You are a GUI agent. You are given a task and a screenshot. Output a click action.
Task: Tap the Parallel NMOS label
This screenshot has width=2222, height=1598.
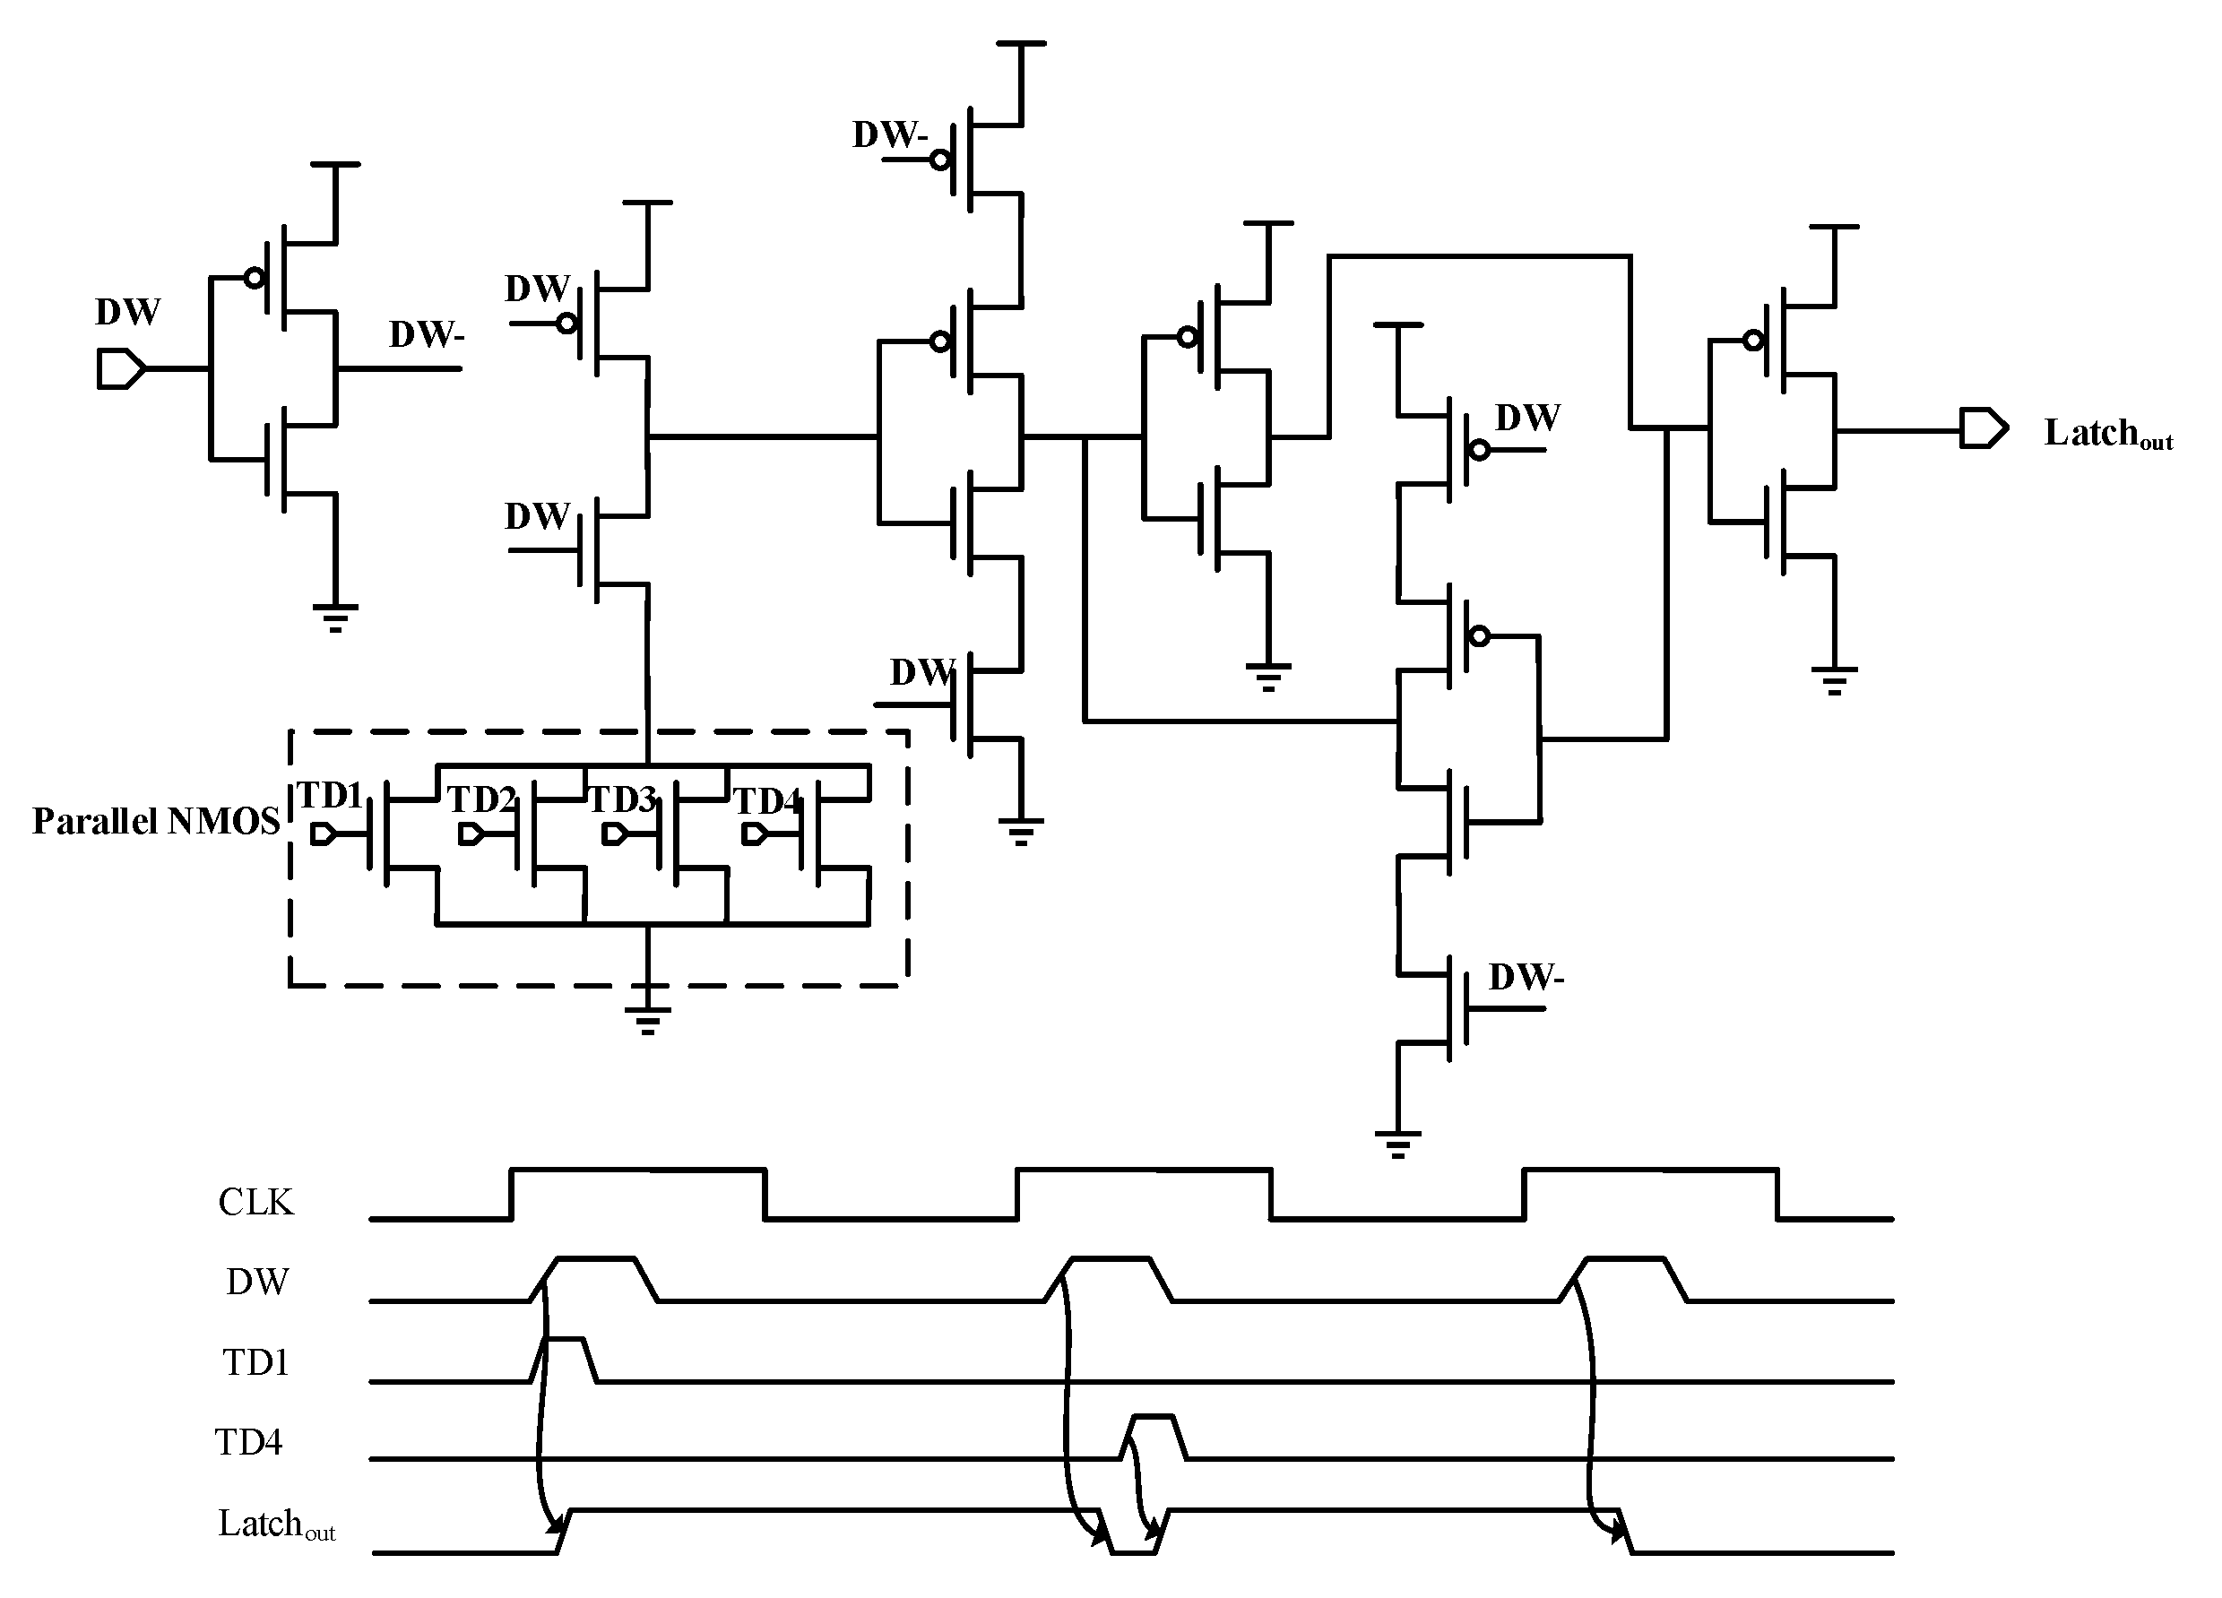[156, 821]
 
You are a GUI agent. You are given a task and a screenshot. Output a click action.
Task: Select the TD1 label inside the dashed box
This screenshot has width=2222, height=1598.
[329, 796]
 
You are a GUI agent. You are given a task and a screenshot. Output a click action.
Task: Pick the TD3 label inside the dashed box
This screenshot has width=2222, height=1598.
[620, 800]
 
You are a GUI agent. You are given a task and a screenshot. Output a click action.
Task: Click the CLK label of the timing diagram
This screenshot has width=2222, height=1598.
[255, 1202]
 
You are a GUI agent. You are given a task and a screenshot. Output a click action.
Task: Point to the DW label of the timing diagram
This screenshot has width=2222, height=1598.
[256, 1282]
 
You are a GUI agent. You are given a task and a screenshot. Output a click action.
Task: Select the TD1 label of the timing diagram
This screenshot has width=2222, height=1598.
[255, 1362]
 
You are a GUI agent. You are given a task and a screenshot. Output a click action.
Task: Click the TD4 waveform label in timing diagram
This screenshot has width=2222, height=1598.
[249, 1442]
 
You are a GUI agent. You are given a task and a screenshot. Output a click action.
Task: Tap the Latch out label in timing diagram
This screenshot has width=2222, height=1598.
[275, 1525]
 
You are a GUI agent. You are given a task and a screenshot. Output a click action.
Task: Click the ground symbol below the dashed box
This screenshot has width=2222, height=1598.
[646, 1020]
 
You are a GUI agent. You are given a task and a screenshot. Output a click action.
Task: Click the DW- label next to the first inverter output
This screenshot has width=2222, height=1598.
[426, 335]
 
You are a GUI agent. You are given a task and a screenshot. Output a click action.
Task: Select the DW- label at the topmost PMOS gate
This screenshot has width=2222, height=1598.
[888, 135]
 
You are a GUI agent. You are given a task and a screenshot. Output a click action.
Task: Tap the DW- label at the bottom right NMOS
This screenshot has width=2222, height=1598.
[1526, 977]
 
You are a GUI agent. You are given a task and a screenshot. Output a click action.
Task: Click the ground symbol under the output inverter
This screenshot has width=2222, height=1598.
[1834, 679]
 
